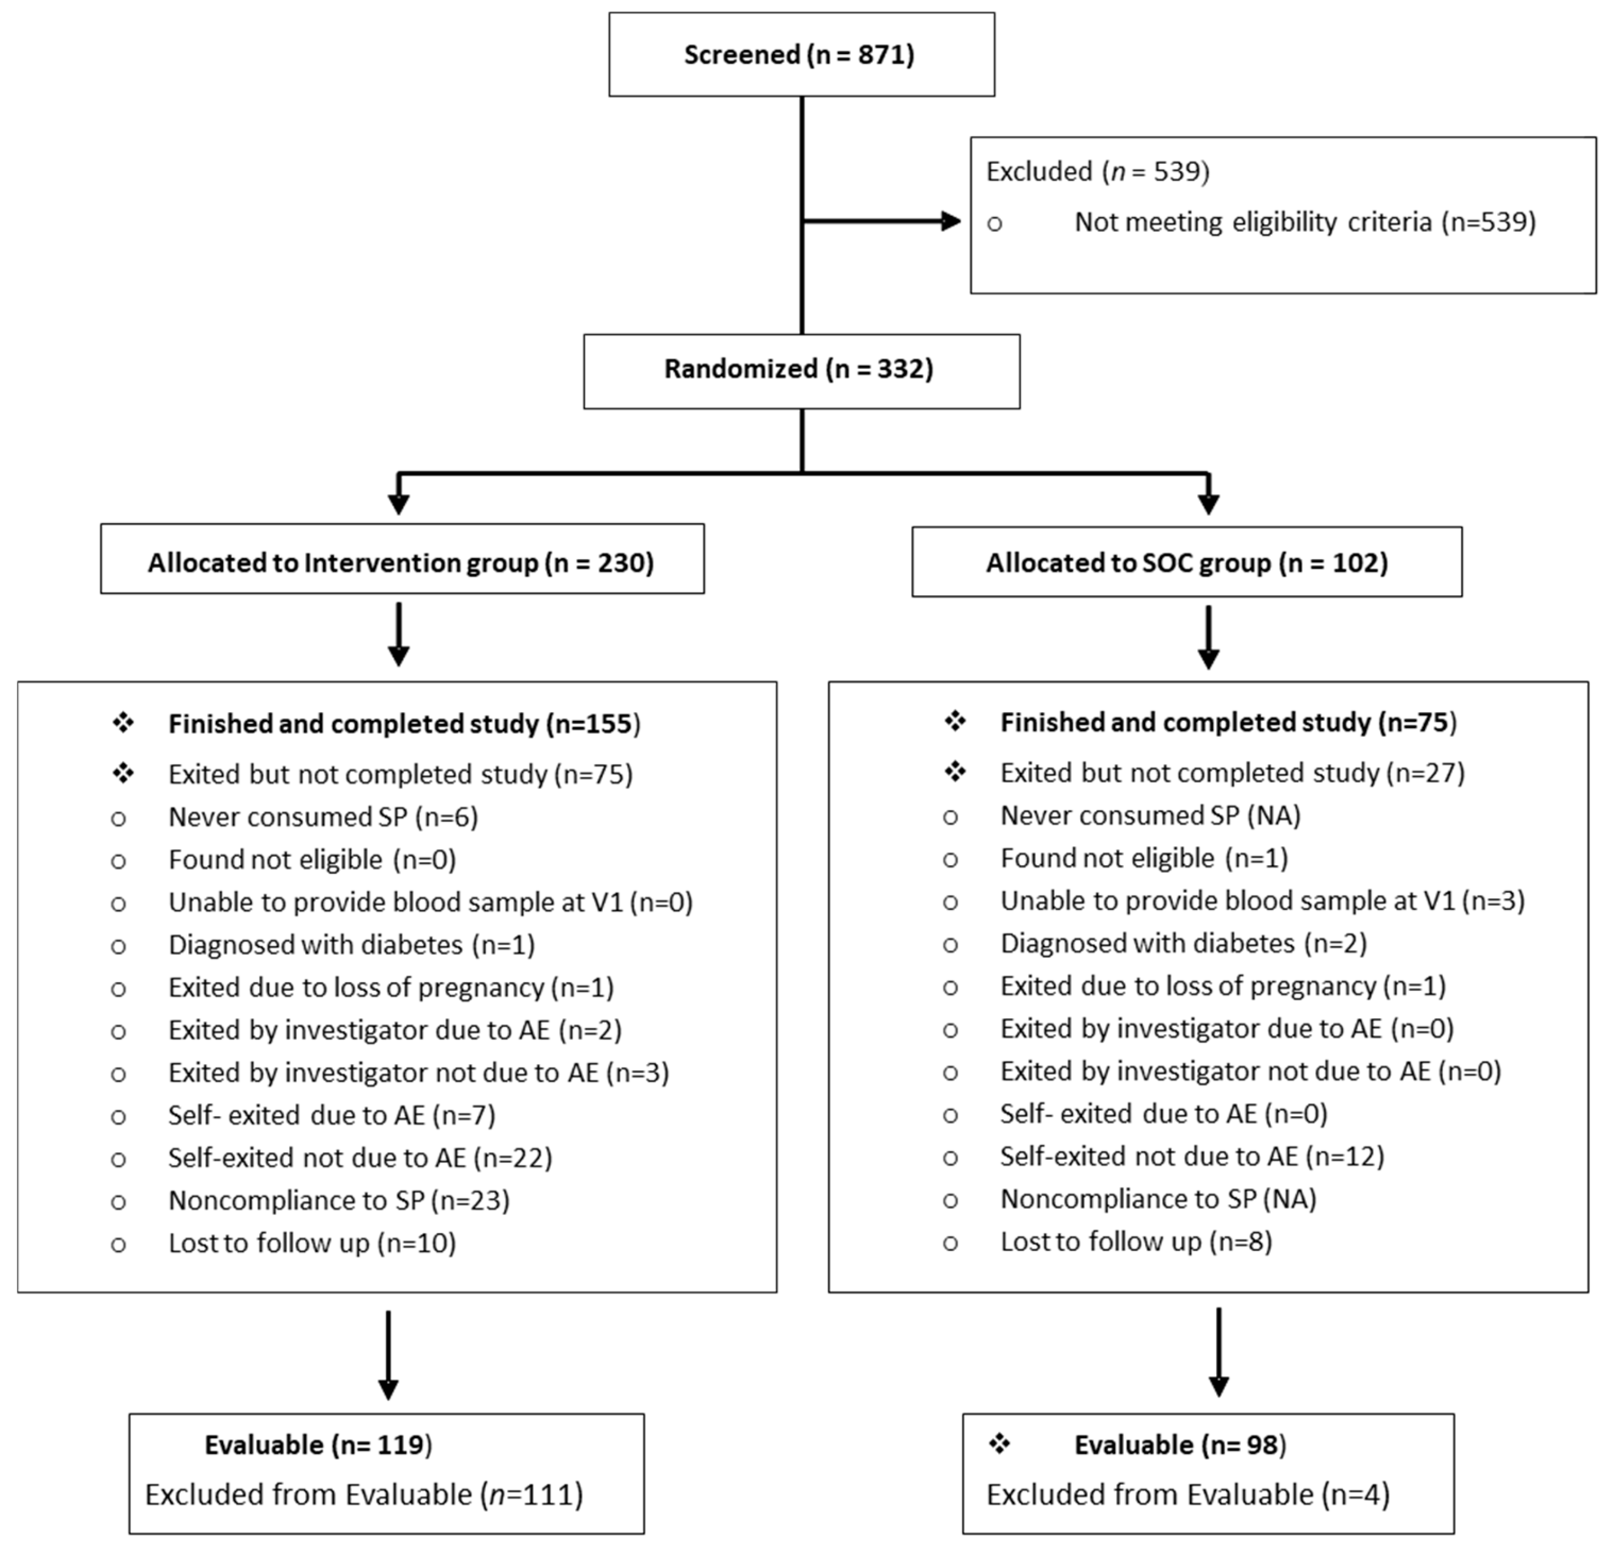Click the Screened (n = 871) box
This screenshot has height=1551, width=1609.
pyautogui.click(x=801, y=54)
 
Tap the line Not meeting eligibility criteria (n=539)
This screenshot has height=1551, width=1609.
pyautogui.click(x=1304, y=223)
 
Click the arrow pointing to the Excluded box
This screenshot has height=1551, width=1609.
pyautogui.click(x=882, y=221)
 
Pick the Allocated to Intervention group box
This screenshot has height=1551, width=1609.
pyautogui.click(x=402, y=562)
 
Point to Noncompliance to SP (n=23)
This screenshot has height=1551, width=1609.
pyautogui.click(x=339, y=1201)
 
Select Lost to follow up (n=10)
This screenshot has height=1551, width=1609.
pyautogui.click(x=312, y=1243)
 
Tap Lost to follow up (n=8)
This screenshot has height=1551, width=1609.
pyautogui.click(x=1136, y=1241)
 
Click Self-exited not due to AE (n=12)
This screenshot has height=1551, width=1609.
pyautogui.click(x=1192, y=1156)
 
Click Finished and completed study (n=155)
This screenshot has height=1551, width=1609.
pyautogui.click(x=404, y=724)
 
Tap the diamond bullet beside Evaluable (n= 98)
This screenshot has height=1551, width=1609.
pyautogui.click(x=999, y=1443)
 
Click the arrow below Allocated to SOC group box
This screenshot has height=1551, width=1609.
pyautogui.click(x=1208, y=638)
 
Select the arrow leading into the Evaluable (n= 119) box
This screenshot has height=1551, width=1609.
pyautogui.click(x=388, y=1355)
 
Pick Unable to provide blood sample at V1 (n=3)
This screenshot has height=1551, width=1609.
pyautogui.click(x=1262, y=901)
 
